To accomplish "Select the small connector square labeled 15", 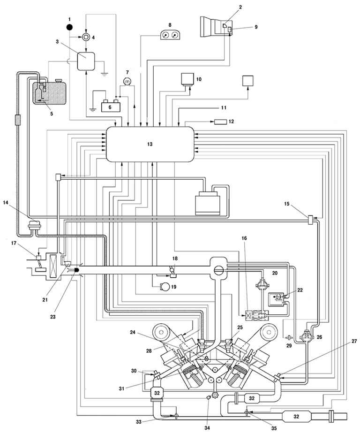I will (310, 219).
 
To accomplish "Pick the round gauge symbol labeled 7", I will (126, 82).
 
